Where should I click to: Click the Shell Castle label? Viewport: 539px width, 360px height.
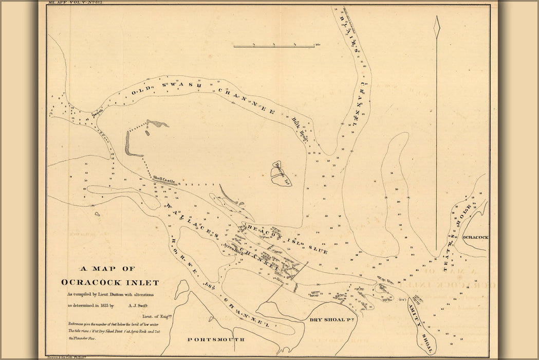[164, 180]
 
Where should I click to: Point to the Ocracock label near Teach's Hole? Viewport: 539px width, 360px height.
[474, 238]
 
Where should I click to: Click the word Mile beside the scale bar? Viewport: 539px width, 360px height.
[319, 45]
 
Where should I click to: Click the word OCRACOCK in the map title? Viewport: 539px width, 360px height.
[90, 282]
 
